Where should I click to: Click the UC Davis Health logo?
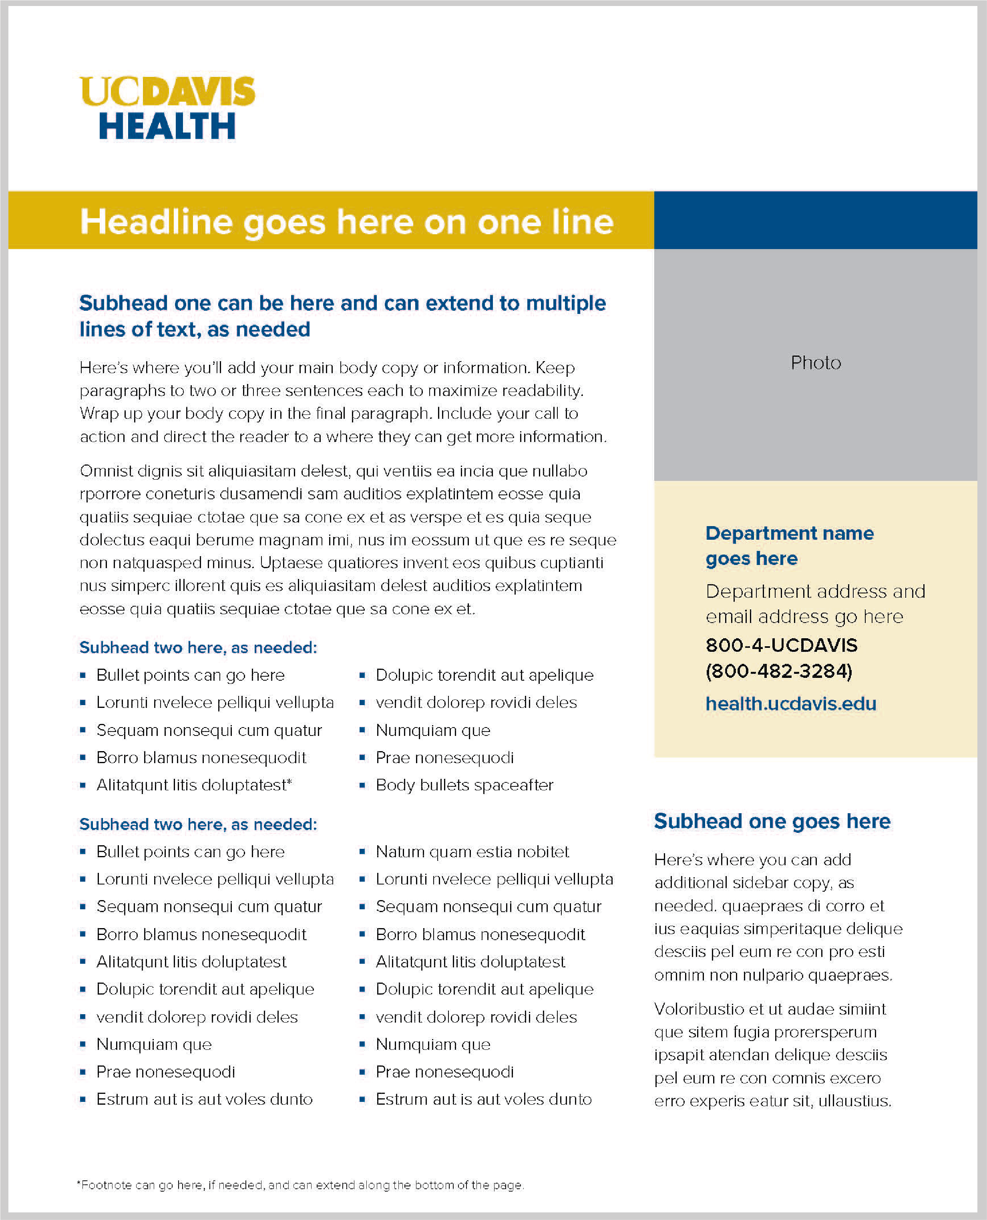point(167,108)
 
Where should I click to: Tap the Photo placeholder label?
point(815,363)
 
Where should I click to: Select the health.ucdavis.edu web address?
point(790,704)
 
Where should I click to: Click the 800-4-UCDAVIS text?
point(781,645)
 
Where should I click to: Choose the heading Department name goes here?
point(789,546)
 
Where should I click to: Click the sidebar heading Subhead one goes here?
point(772,822)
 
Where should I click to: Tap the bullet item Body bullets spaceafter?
point(464,785)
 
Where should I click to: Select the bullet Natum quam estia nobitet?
point(472,852)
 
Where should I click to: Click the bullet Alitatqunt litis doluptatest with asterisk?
point(194,785)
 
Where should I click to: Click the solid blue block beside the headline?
point(815,220)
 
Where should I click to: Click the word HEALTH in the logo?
point(167,126)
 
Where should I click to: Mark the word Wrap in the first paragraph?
point(99,413)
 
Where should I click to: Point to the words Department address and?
point(815,591)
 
